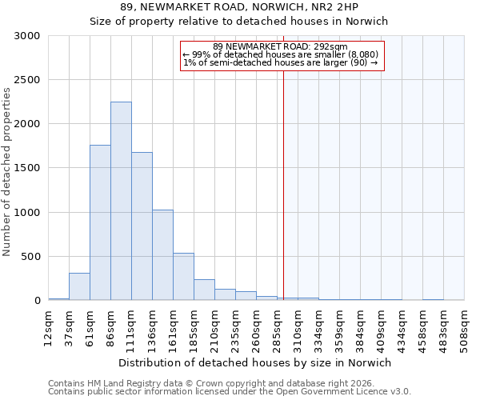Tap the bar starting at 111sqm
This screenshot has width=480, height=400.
coord(142,226)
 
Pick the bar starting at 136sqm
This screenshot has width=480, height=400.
coord(162,254)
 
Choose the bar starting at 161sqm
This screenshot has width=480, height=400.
coord(183,277)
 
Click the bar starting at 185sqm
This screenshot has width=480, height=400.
coord(204,290)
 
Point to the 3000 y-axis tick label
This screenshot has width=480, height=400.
coord(26,36)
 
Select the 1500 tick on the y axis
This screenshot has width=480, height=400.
coord(26,168)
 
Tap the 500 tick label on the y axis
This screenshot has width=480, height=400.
coord(30,257)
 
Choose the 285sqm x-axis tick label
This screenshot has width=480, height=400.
coord(277,327)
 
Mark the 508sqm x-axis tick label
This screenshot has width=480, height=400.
coord(464,327)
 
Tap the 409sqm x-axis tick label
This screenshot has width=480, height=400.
coord(381,327)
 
